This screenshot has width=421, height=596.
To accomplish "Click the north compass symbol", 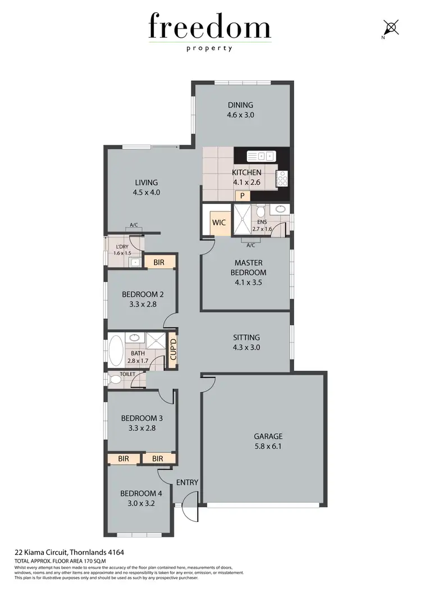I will point(391,27).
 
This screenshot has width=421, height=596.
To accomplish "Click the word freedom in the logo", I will point(209,27).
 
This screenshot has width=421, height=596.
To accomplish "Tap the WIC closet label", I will point(219,222).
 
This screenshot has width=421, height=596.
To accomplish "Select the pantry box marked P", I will point(242,196).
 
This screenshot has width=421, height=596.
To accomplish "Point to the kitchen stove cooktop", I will point(282,179).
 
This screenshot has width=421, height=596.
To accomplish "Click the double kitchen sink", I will point(262,156).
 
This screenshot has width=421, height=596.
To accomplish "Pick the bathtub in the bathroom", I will point(117,351).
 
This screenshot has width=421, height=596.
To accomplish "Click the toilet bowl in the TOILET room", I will point(115,380).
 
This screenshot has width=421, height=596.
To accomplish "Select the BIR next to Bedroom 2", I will point(158,262).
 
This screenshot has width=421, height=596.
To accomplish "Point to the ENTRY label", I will point(187,483).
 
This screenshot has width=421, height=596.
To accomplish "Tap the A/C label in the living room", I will point(134,225).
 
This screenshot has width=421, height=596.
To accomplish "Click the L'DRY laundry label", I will point(122,247).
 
